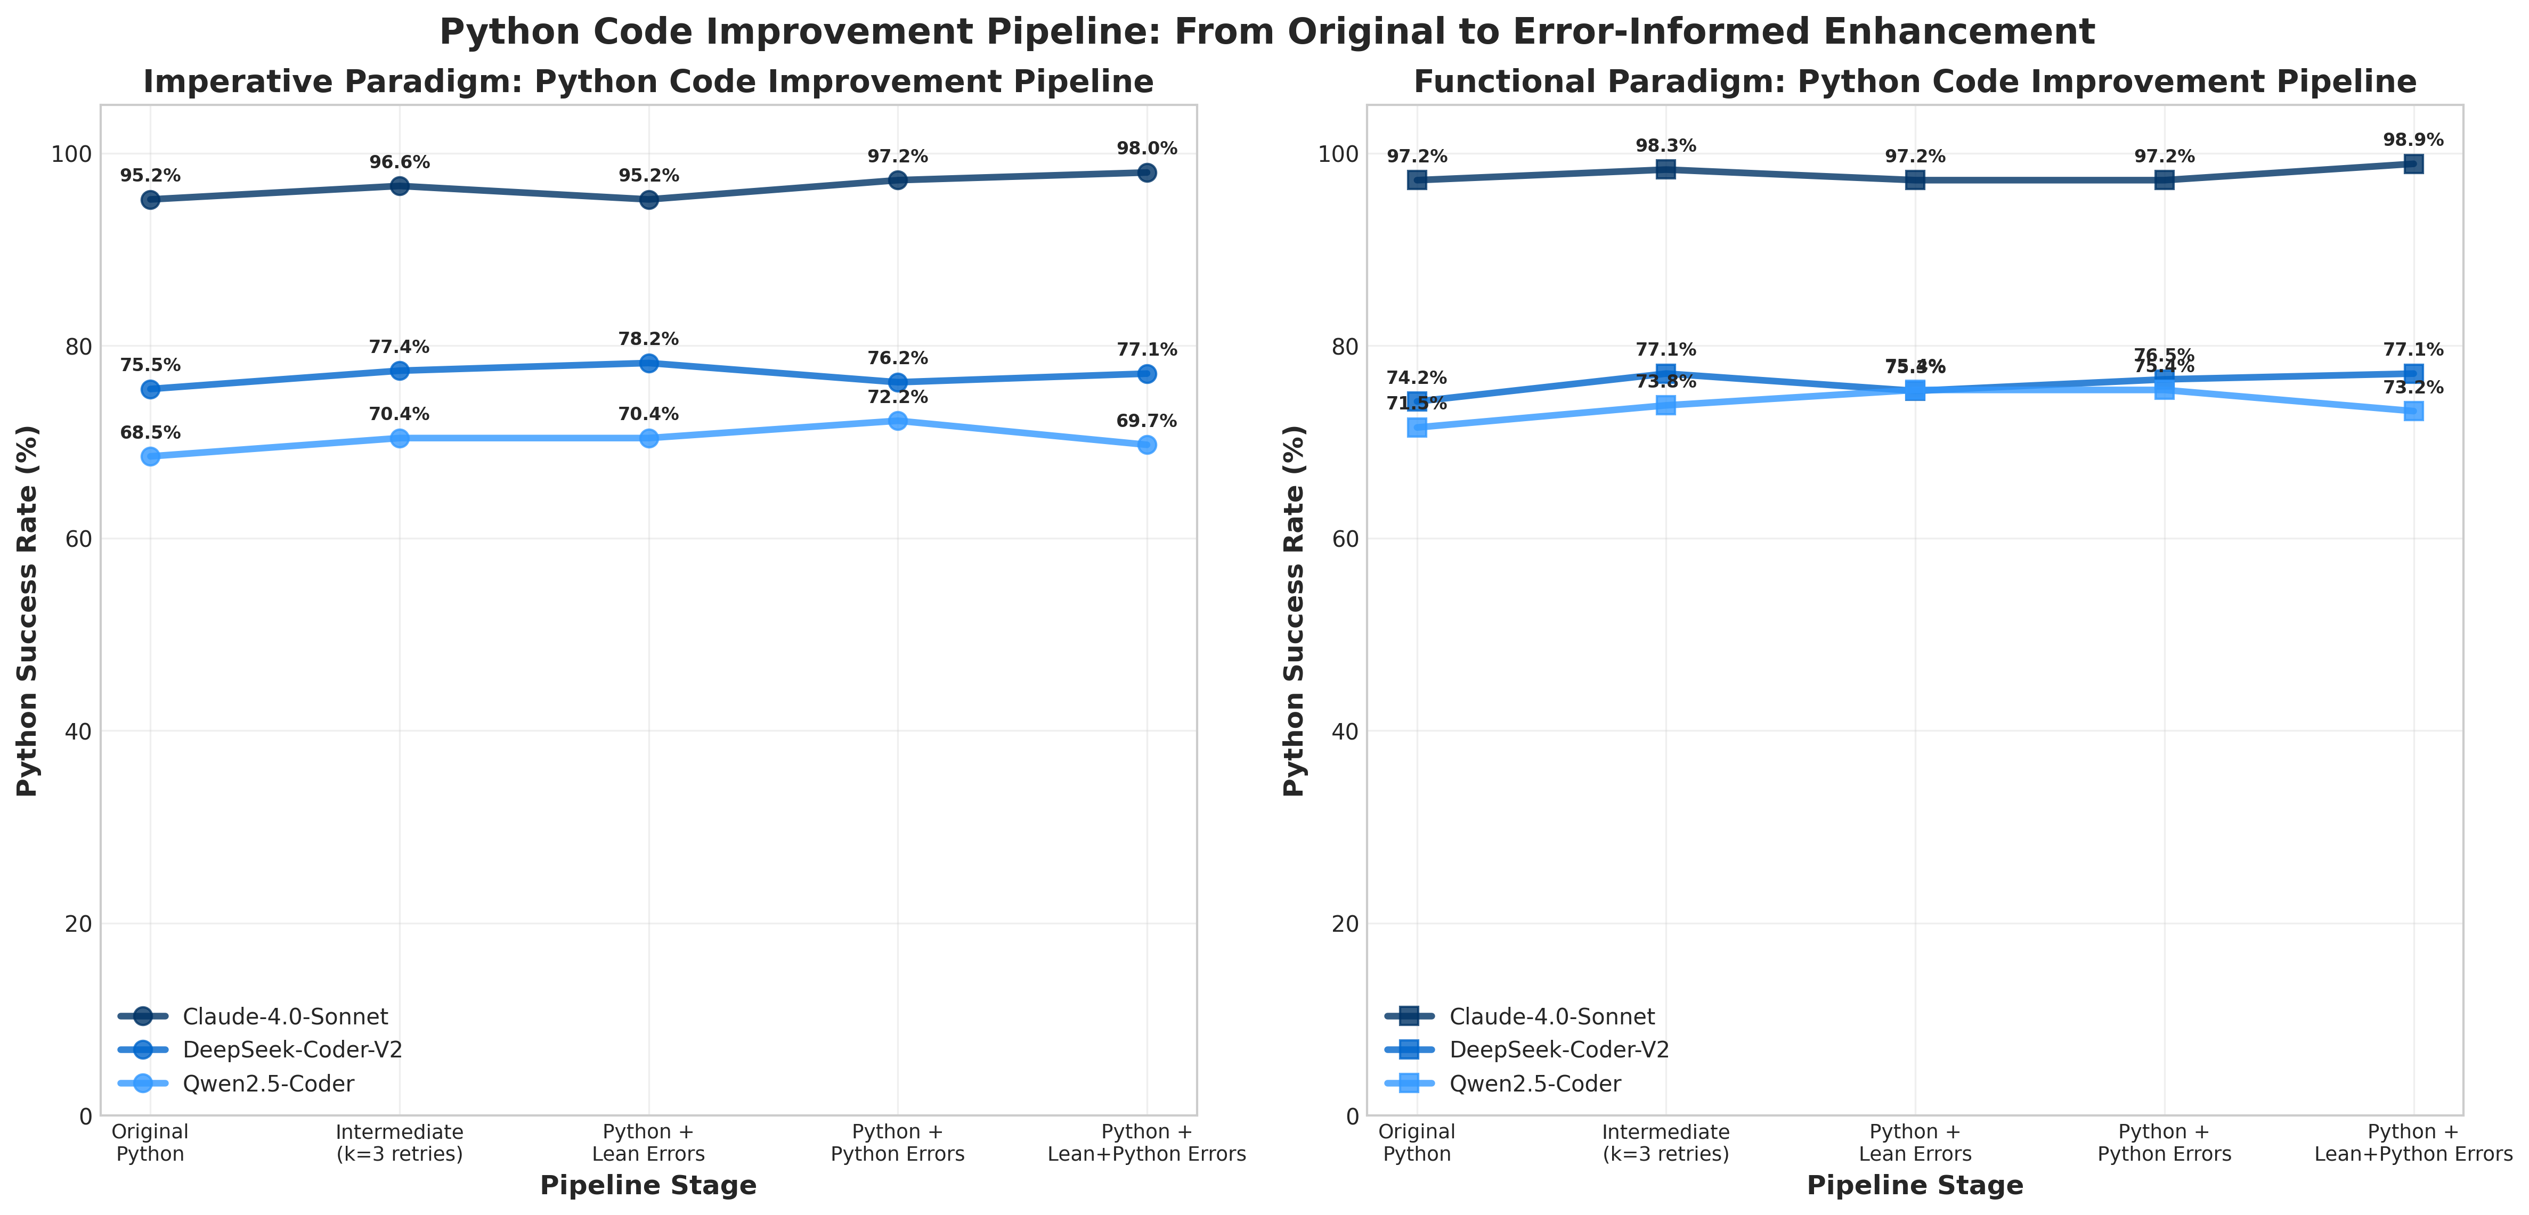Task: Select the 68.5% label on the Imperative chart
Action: [150, 433]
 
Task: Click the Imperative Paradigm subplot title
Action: [648, 81]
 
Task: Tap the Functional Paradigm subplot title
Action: [1914, 81]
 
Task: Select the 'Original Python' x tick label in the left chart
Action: [150, 1143]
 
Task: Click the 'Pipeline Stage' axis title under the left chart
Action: [648, 1186]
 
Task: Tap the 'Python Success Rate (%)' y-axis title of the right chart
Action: [1295, 611]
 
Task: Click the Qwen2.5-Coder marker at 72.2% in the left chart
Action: [897, 421]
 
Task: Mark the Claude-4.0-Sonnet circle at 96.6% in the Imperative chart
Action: [400, 186]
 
